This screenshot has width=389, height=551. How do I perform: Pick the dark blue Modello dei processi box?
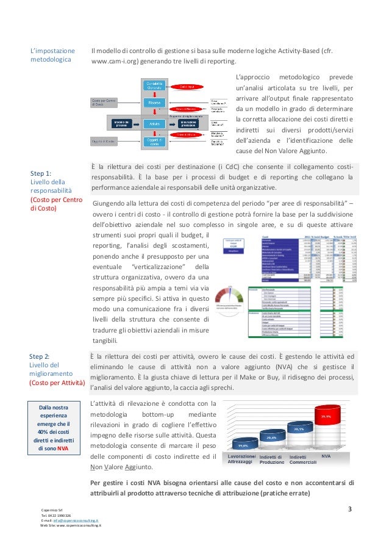(x=120, y=124)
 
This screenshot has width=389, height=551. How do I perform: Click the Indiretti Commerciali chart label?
(x=302, y=459)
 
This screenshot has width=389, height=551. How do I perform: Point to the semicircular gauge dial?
(x=230, y=292)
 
